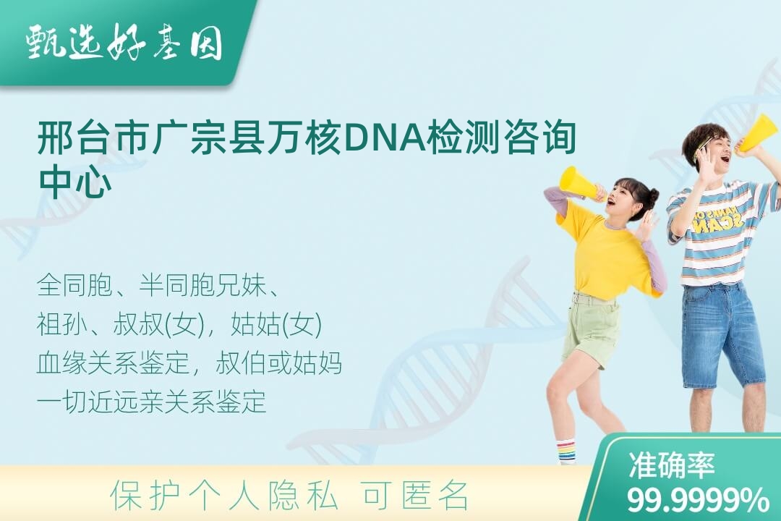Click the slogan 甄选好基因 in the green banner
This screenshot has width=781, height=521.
tap(124, 43)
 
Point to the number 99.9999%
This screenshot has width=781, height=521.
tap(697, 499)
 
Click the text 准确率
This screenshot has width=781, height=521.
tap(671, 465)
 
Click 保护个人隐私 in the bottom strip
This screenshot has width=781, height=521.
tap(224, 496)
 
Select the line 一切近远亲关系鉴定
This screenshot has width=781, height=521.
tap(152, 402)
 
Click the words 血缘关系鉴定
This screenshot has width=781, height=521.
tap(114, 363)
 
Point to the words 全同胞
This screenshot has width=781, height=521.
tap(74, 286)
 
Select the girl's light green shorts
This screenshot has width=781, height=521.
tap(591, 329)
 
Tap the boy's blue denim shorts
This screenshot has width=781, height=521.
tap(723, 335)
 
